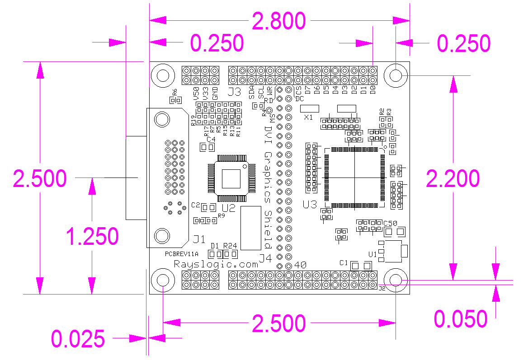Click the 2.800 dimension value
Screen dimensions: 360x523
point(279,21)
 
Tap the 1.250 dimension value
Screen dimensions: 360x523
point(92,236)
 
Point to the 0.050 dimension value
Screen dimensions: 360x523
point(460,319)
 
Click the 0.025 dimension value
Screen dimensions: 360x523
point(78,339)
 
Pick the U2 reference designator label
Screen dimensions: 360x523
point(229,208)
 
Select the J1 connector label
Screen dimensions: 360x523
point(199,238)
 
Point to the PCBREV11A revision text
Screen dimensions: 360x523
point(182,254)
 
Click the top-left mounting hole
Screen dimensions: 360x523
point(163,75)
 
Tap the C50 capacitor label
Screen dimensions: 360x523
point(390,223)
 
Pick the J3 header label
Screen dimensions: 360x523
point(234,92)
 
